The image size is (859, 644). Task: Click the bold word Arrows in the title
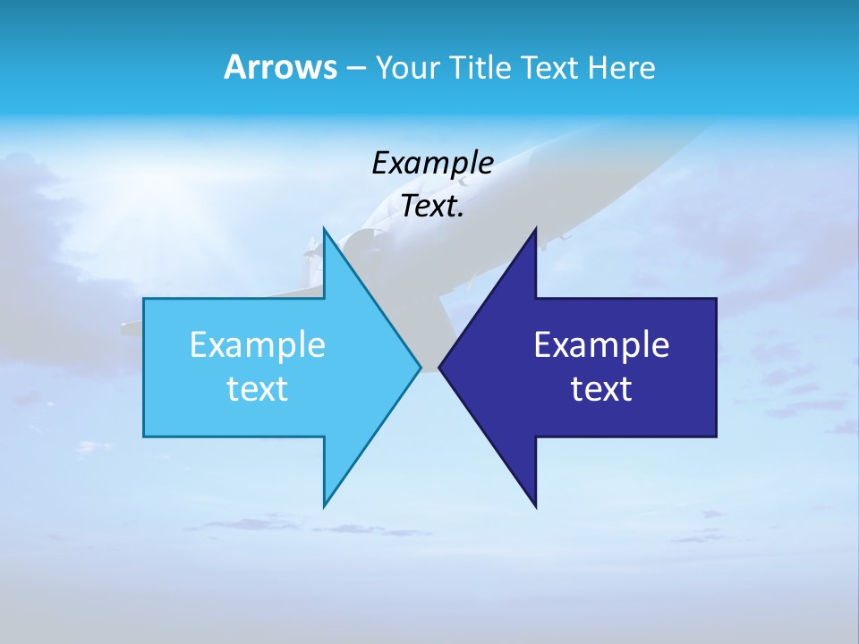coord(279,67)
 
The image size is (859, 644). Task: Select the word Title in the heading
coord(480,68)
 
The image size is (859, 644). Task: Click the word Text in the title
coord(550,68)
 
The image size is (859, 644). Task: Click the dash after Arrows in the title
coord(355,69)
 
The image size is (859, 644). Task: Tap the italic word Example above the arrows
coord(432,163)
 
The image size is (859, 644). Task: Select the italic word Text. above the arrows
coord(432,207)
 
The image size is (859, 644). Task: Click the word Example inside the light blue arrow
coord(258,344)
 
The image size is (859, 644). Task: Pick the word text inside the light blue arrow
coord(258,389)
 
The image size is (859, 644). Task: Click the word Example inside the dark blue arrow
coord(601,344)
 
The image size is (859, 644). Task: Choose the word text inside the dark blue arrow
coord(601,389)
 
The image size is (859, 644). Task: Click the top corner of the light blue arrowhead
coord(324,230)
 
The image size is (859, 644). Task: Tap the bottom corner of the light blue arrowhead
coord(324,504)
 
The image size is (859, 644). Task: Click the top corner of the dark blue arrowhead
coord(535,230)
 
